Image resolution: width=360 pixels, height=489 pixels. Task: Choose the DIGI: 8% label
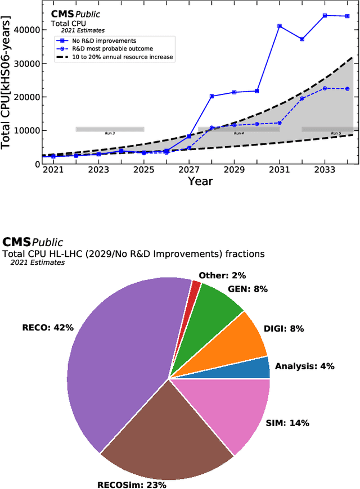(x=293, y=329)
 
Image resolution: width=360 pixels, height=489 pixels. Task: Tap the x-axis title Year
(x=200, y=181)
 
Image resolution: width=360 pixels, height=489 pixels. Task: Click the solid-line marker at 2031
(x=280, y=26)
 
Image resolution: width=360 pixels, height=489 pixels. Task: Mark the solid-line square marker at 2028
(x=212, y=96)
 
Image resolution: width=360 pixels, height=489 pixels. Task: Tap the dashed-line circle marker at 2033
(x=325, y=88)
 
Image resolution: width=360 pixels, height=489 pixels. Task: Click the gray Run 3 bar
(x=110, y=129)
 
